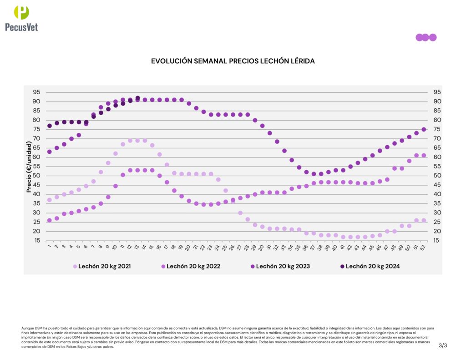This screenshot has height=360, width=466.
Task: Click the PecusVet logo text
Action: pos(21,27)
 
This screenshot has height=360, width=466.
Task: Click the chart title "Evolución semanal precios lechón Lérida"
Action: pos(233,61)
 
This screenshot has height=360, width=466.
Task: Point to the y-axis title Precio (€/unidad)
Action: pos(29,167)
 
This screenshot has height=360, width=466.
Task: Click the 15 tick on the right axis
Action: pos(437,240)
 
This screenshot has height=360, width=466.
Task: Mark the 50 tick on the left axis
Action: pos(36,176)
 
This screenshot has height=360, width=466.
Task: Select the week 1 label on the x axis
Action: pos(49,248)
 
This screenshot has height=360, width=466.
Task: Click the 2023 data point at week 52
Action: pos(424,129)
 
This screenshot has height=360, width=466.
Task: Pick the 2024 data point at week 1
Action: pos(50,126)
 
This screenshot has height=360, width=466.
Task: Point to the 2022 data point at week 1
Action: pos(50,220)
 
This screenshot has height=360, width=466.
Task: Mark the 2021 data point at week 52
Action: pos(424,220)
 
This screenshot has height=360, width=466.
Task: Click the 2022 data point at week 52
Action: pos(424,155)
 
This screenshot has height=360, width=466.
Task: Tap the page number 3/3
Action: pos(443,346)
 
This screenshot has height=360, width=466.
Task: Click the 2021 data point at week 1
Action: pos(50,200)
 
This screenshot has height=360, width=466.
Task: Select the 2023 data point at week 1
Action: pos(50,152)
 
